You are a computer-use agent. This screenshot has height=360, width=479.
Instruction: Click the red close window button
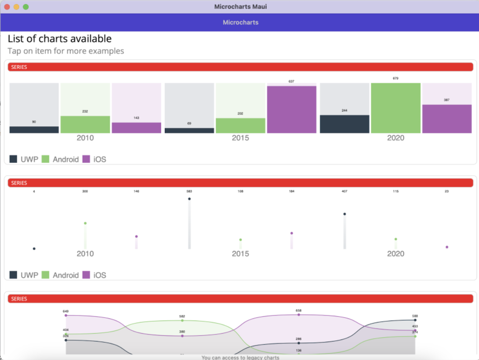coord(7,7)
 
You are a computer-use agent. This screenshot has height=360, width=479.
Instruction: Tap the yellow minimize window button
coord(16,7)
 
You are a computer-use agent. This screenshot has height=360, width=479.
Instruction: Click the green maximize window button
coord(26,7)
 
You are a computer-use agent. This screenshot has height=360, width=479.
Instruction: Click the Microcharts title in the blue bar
coord(241,22)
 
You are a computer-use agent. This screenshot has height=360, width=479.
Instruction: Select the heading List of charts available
coord(60,39)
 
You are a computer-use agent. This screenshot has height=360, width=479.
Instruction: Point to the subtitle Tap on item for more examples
coord(66,51)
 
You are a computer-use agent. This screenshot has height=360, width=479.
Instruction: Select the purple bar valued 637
coord(292,109)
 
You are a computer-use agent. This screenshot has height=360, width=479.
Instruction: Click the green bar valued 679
coord(396,108)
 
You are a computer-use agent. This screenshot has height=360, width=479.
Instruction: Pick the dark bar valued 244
coord(345,124)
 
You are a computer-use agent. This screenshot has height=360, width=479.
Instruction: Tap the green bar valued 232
coord(85,124)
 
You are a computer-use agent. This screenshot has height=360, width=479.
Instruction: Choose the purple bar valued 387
coord(447,119)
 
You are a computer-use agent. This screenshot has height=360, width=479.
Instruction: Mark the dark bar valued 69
coord(189,130)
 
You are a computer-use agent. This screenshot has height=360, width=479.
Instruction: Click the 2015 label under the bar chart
coord(241,138)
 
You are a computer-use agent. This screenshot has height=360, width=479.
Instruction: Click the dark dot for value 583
coord(189,199)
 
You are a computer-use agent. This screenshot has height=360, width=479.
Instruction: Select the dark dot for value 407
coord(345,214)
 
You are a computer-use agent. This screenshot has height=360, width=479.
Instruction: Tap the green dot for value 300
coord(85,223)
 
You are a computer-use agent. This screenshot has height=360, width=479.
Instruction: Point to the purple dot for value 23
coord(447,247)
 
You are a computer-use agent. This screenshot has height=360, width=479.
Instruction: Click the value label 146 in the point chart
coord(136,191)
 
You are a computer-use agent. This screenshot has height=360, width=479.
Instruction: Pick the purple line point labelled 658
coord(299,315)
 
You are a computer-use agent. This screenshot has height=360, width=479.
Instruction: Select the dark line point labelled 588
coord(415,320)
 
